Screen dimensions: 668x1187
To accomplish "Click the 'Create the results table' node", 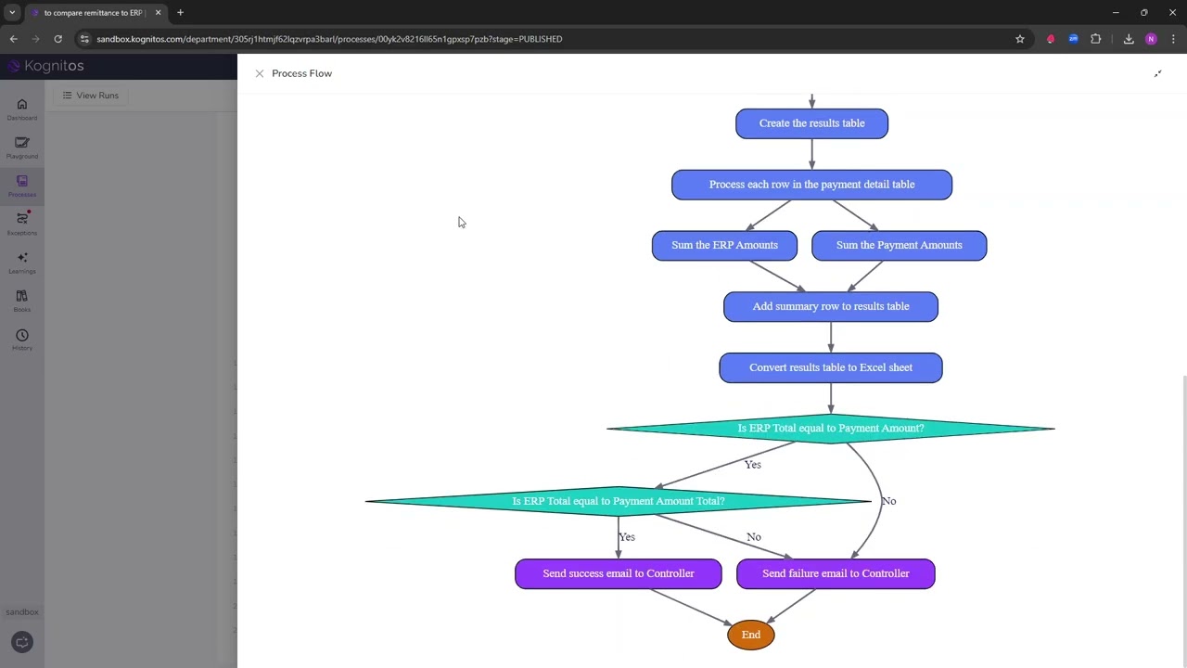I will click(811, 123).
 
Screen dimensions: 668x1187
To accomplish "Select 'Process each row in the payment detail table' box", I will click(811, 185).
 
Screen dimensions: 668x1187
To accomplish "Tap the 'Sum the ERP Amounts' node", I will click(724, 246).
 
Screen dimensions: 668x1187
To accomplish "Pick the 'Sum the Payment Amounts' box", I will click(899, 246).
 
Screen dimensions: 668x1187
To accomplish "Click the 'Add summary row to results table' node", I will click(830, 306).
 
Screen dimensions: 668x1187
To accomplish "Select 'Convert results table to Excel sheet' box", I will click(830, 367).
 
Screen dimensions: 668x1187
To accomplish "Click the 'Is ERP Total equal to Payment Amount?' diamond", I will click(830, 429).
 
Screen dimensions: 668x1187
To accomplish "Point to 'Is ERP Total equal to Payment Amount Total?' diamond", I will click(618, 501).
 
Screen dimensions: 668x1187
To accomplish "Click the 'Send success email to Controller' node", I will click(618, 573).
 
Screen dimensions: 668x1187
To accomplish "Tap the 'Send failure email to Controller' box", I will click(835, 573).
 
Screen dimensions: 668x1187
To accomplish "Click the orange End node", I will click(750, 635).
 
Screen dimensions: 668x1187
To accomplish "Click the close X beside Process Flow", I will click(260, 73).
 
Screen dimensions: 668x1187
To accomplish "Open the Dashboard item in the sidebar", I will click(22, 109).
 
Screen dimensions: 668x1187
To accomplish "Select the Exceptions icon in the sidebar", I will click(22, 223).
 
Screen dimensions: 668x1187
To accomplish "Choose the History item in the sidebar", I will click(22, 340).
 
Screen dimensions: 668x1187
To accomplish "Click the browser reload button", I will click(57, 39).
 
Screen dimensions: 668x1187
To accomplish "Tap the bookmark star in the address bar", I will click(1020, 39).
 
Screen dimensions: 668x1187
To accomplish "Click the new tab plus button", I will click(180, 13).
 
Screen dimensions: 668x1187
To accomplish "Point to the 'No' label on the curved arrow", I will click(888, 501).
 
